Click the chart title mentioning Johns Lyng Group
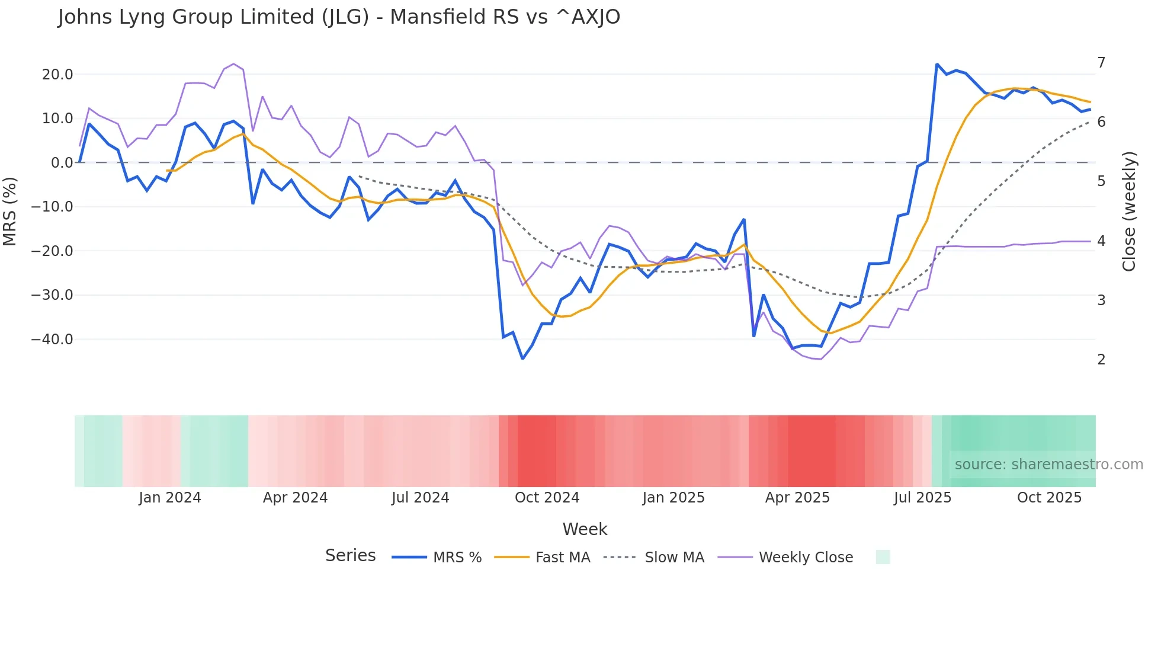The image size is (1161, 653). (x=339, y=17)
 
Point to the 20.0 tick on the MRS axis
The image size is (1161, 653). (x=57, y=75)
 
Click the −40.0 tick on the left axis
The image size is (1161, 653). (x=52, y=340)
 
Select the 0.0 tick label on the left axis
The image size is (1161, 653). (x=62, y=163)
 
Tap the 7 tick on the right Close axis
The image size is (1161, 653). (x=1101, y=63)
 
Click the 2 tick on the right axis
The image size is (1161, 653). (x=1101, y=360)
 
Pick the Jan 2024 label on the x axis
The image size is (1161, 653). (x=170, y=498)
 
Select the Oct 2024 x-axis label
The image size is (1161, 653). (x=547, y=498)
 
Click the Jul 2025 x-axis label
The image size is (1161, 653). (x=922, y=498)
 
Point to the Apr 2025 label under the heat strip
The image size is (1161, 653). (x=797, y=498)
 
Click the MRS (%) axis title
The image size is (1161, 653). (x=10, y=211)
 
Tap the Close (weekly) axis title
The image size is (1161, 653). (x=1130, y=212)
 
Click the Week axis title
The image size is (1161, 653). (x=585, y=529)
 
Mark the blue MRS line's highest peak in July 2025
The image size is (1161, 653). (x=937, y=64)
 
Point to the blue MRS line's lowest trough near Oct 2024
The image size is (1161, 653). (x=522, y=358)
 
